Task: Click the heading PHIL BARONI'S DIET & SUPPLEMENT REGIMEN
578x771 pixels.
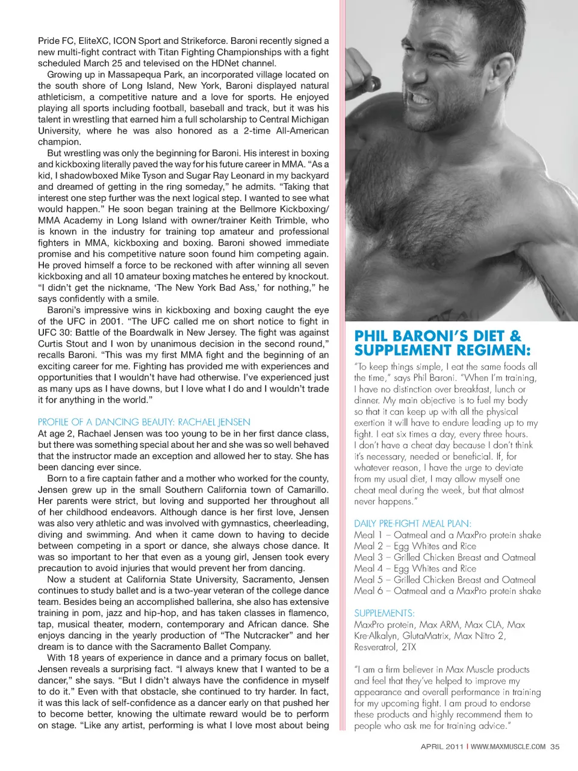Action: click(x=443, y=343)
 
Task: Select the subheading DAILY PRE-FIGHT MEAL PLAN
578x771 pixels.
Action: click(x=412, y=524)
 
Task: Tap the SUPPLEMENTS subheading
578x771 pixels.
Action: click(x=384, y=613)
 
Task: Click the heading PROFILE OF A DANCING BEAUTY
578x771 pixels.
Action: click(x=144, y=422)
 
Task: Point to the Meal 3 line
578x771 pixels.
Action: click(x=444, y=557)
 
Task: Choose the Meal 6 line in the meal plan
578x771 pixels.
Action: click(x=447, y=591)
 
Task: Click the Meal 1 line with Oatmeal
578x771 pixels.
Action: click(x=447, y=535)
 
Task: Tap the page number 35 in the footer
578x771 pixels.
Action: click(x=555, y=746)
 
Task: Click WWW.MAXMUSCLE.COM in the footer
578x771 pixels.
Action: click(x=508, y=746)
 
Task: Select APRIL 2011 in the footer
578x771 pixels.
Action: click(x=442, y=746)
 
